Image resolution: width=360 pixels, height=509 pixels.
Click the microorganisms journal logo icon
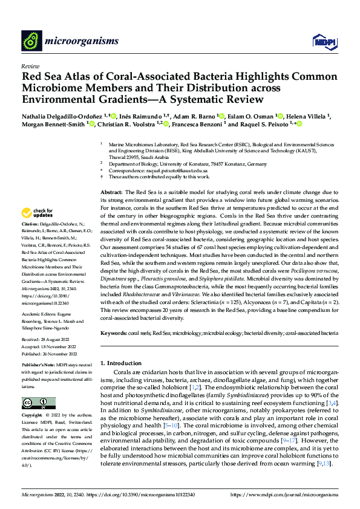[32, 41]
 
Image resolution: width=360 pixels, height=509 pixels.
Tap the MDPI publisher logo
[322, 41]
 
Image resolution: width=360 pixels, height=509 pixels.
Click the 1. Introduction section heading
[120, 363]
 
